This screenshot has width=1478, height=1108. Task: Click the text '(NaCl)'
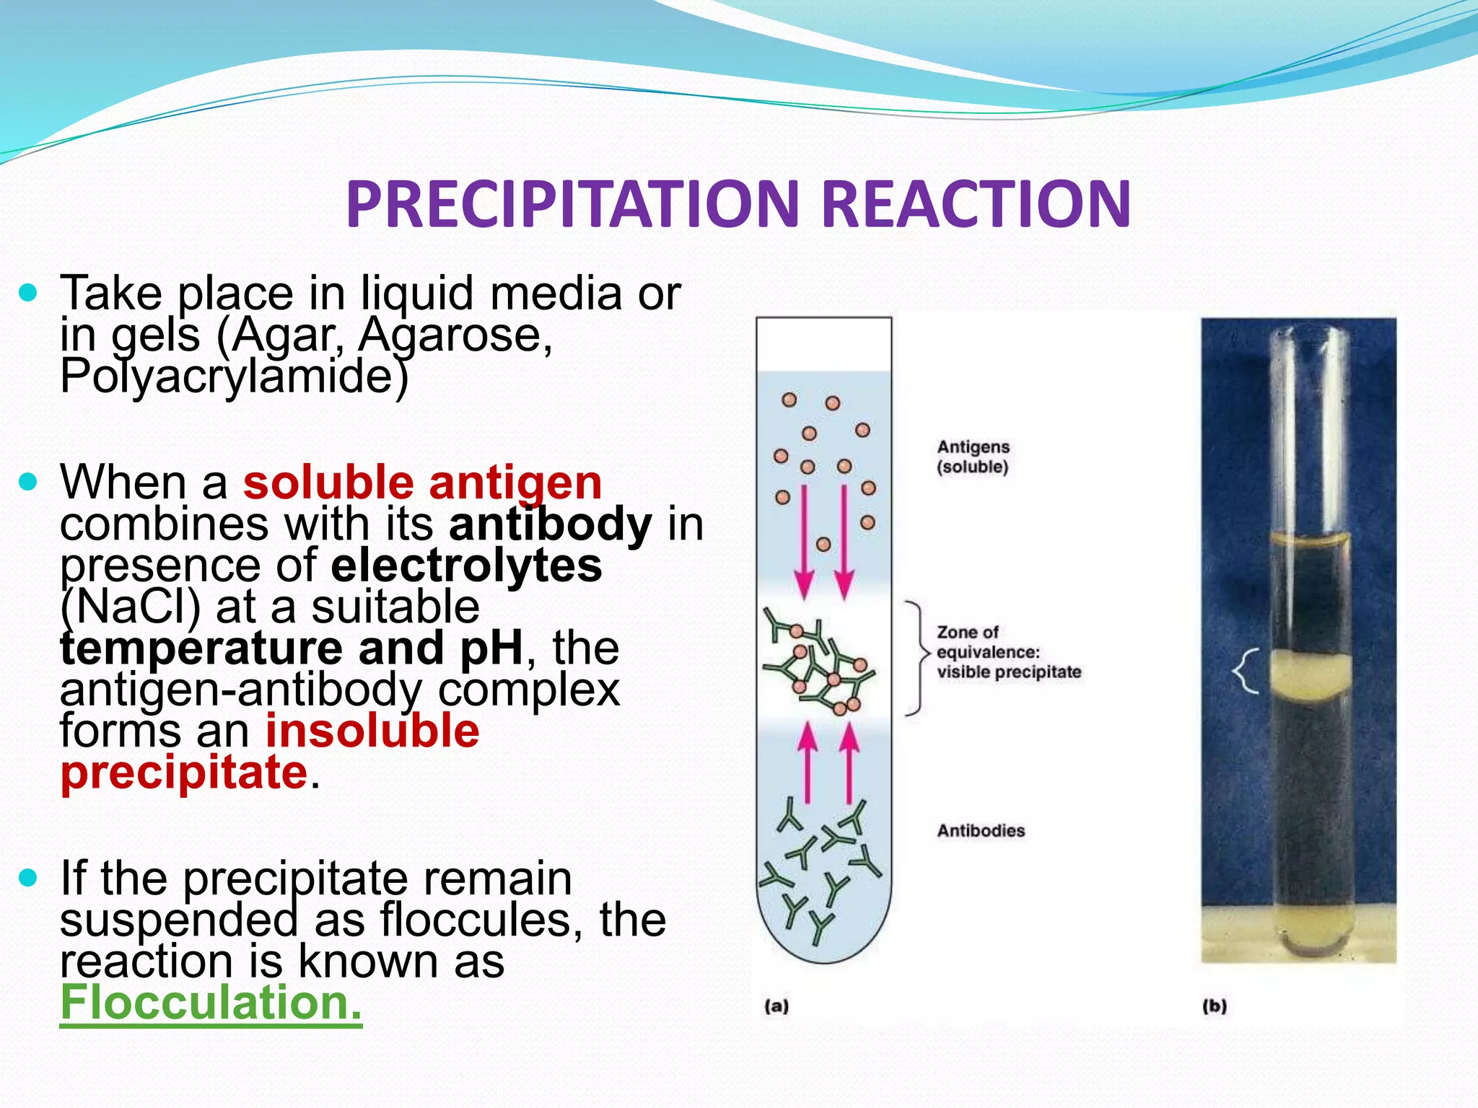pyautogui.click(x=130, y=607)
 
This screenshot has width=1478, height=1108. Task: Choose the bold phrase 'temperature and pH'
pyautogui.click(x=292, y=648)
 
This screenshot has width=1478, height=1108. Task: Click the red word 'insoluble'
pyautogui.click(x=372, y=731)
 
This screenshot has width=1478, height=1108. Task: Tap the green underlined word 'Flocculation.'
pyautogui.click(x=211, y=1002)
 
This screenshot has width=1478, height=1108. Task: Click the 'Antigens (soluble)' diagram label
pyautogui.click(x=973, y=457)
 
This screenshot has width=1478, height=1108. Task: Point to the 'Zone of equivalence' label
pyautogui.click(x=1008, y=652)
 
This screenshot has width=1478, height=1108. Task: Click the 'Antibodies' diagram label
pyautogui.click(x=981, y=831)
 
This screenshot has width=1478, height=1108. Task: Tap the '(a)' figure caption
pyautogui.click(x=777, y=1006)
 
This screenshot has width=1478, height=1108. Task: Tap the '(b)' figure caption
pyautogui.click(x=1215, y=1006)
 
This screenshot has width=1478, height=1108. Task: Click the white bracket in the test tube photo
pyautogui.click(x=1246, y=671)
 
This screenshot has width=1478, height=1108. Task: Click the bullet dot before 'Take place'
pyautogui.click(x=28, y=293)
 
